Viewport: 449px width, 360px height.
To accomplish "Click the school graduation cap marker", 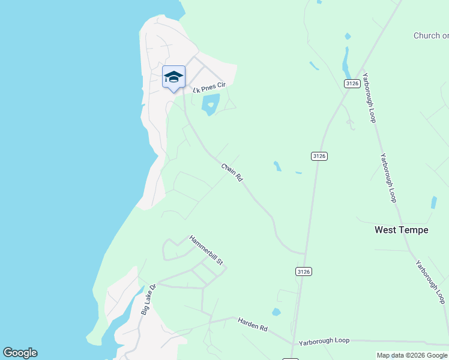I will coord(173,77).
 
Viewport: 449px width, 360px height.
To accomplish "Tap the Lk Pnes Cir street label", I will coord(209,88).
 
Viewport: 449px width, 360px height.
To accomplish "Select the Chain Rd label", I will coord(231,173).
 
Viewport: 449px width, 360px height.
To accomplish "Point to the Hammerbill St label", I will coord(206,250).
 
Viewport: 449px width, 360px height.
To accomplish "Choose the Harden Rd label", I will coord(252,325).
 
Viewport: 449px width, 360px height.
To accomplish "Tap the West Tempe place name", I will coord(401,230).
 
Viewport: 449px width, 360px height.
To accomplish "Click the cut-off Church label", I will coord(430,36).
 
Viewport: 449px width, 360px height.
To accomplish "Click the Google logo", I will coord(20,353).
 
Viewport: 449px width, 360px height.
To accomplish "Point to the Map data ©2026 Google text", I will coord(411,355).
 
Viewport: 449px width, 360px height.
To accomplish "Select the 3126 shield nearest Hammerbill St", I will coord(304,272).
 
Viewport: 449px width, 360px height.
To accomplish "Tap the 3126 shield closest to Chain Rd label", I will coord(319,156).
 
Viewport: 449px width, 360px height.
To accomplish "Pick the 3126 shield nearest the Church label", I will coord(352,84).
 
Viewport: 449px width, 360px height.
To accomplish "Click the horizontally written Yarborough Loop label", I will coord(324,340).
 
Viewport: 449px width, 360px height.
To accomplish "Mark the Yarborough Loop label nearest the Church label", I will coord(370,100).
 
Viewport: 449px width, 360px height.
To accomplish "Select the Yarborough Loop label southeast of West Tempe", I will coord(430,281).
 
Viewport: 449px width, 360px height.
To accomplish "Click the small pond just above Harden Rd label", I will coord(276,312).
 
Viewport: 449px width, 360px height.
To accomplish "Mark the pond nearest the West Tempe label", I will coord(433,203).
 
